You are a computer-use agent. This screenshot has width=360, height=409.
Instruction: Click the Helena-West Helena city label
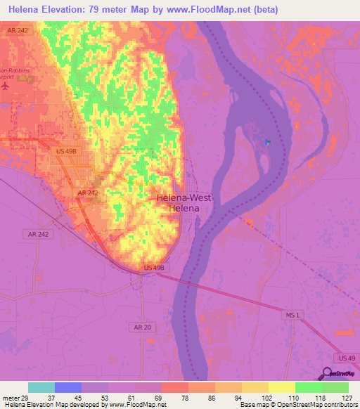pyautogui.click(x=183, y=203)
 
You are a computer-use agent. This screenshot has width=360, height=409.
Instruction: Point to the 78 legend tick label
pyautogui.click(x=188, y=398)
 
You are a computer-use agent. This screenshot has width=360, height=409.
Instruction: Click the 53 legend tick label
pyautogui.click(x=108, y=398)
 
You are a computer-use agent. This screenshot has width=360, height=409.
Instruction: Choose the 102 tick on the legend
pyautogui.click(x=268, y=398)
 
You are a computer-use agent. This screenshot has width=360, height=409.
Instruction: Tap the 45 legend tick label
pyautogui.click(x=81, y=398)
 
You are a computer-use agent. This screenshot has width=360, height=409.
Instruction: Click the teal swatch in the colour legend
pyautogui.click(x=41, y=387)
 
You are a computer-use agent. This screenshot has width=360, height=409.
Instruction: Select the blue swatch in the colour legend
pyautogui.click(x=67, y=387)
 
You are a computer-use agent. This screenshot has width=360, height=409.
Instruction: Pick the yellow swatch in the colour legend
pyautogui.click(x=281, y=387)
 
